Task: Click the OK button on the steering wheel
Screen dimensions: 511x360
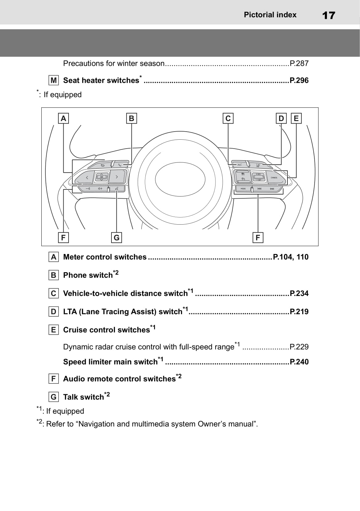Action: pos(102,177)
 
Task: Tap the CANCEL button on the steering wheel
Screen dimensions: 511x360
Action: pos(274,178)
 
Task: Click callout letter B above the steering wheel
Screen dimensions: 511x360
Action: pos(132,118)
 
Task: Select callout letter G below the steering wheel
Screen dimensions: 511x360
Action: pos(116,238)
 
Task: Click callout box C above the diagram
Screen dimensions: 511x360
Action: pos(228,118)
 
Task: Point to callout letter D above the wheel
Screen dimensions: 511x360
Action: pos(281,118)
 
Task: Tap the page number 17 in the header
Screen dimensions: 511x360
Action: pos(328,15)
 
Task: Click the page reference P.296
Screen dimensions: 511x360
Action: pos(299,80)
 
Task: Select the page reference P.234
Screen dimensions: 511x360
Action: pos(299,294)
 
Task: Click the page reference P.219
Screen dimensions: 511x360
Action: pos(299,312)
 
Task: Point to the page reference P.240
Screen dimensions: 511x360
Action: pos(299,362)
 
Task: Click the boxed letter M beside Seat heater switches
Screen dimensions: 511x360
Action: pos(54,80)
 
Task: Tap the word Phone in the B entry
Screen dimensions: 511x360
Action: pos(74,275)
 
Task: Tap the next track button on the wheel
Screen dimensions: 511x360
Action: pos(272,189)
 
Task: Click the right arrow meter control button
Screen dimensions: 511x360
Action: pos(117,177)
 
